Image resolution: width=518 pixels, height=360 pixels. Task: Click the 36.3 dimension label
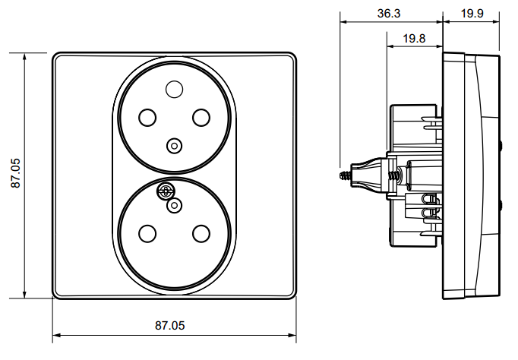point(389,13)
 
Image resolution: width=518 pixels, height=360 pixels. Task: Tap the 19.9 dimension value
point(472,13)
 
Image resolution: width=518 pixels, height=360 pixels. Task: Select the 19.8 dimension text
point(414,38)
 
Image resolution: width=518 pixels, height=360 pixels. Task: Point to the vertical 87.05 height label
point(15,173)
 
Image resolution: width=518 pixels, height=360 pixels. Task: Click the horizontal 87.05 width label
point(170,325)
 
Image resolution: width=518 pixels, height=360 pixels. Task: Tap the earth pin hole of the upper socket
point(175,89)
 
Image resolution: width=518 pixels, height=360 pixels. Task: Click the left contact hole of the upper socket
point(147,117)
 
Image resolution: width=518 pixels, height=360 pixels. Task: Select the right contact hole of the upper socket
point(201,117)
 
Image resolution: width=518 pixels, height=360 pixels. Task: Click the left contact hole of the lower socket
point(147,233)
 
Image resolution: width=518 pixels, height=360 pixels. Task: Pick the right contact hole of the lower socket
point(201,233)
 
